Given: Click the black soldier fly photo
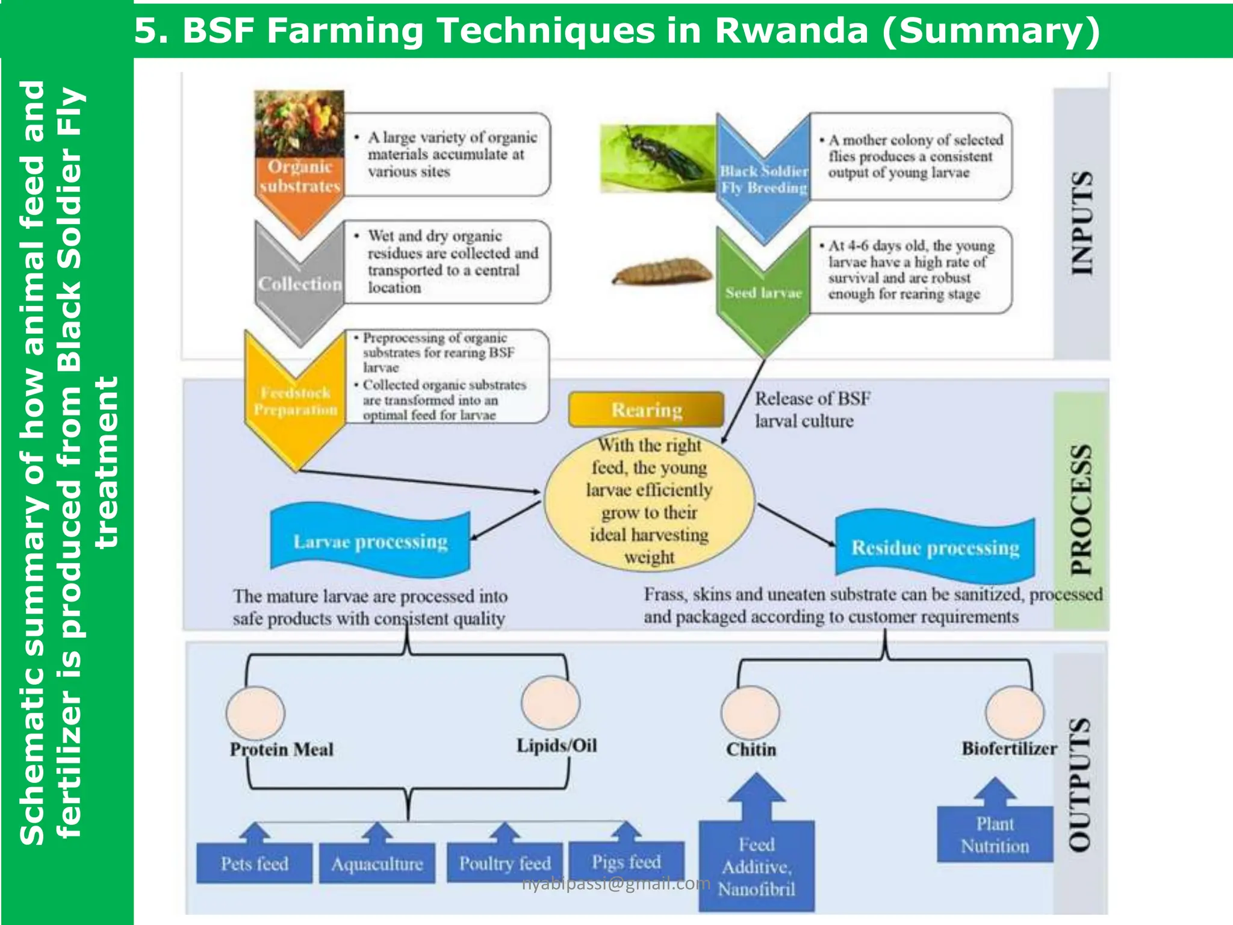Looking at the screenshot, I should click(x=658, y=158).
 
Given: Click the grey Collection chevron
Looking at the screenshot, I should click(x=300, y=283).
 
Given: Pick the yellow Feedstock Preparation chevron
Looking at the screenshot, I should click(x=295, y=400).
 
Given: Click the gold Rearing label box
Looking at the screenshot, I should click(x=647, y=410).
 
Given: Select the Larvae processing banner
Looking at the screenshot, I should click(x=370, y=541).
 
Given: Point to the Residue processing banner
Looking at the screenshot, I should click(x=935, y=547).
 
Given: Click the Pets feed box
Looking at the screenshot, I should click(x=254, y=863).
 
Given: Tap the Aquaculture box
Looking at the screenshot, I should click(x=377, y=864).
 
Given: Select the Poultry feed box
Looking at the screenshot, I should click(x=505, y=862).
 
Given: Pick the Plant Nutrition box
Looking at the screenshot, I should click(x=995, y=834).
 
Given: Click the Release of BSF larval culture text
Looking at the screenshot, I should click(x=812, y=410).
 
